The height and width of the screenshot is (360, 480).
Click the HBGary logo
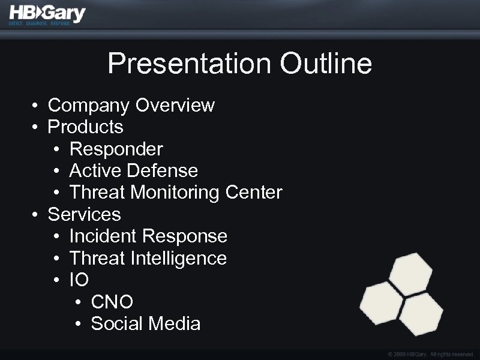[x=47, y=13]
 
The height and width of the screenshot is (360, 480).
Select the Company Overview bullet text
[x=131, y=105]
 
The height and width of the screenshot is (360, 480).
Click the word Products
[x=85, y=127]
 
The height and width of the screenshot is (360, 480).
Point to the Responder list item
[x=116, y=149]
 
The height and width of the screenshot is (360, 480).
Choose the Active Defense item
[x=133, y=170]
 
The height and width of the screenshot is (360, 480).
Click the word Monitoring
[x=175, y=193]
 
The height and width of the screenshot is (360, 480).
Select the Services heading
[x=84, y=214]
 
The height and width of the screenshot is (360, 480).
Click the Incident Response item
[x=148, y=236]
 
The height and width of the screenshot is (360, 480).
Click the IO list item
[x=79, y=280]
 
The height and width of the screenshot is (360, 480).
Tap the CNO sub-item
[x=112, y=302]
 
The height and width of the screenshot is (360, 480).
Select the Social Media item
[x=145, y=324]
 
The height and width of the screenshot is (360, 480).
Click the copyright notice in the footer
[x=431, y=354]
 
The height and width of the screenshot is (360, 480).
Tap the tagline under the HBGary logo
[x=39, y=23]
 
